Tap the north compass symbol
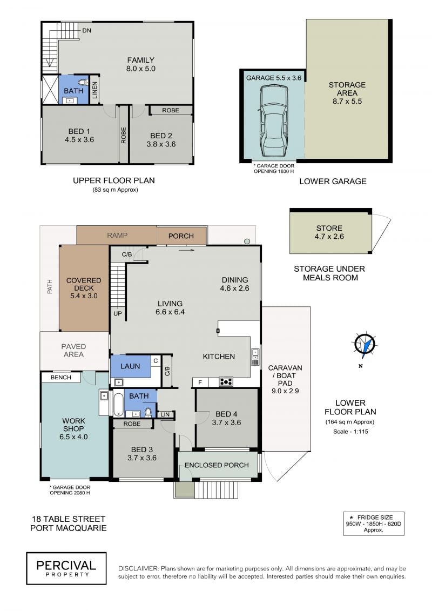click(x=364, y=345)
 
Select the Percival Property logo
click(x=66, y=568)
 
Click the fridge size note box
click(x=373, y=523)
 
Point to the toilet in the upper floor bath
click(x=83, y=83)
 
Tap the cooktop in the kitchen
click(x=226, y=382)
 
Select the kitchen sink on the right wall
click(x=255, y=357)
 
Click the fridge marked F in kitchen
click(x=200, y=382)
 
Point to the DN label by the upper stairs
click(x=86, y=30)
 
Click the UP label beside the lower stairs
click(x=118, y=314)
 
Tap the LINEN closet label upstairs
click(x=94, y=90)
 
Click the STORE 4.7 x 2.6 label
click(x=329, y=232)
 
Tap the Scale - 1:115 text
click(x=350, y=431)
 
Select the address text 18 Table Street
click(x=69, y=519)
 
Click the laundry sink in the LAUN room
click(x=118, y=382)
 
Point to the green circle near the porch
click(x=247, y=241)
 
